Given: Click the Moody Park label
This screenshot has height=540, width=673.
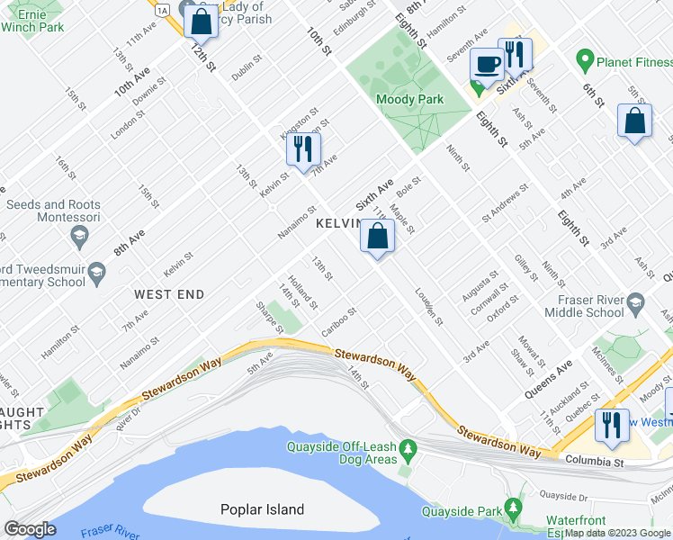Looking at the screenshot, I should pyautogui.click(x=409, y=99).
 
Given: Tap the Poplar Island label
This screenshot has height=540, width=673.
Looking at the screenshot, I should pyautogui.click(x=262, y=509).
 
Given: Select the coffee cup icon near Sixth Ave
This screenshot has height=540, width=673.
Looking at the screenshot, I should pyautogui.click(x=487, y=65).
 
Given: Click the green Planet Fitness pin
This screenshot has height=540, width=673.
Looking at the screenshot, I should pyautogui.click(x=585, y=62).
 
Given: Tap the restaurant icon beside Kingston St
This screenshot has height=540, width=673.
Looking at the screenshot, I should pyautogui.click(x=304, y=148).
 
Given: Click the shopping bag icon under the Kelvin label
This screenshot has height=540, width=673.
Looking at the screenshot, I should pyautogui.click(x=378, y=238).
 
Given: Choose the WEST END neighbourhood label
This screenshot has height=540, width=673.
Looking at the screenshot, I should pyautogui.click(x=169, y=294).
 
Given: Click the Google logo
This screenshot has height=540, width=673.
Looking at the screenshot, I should pyautogui.click(x=30, y=529).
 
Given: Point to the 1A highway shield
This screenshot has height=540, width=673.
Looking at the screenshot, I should pyautogui.click(x=161, y=9).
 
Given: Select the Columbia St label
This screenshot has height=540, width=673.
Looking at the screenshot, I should pyautogui.click(x=594, y=461).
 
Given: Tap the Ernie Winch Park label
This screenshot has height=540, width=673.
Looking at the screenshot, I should pyautogui.click(x=32, y=20).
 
